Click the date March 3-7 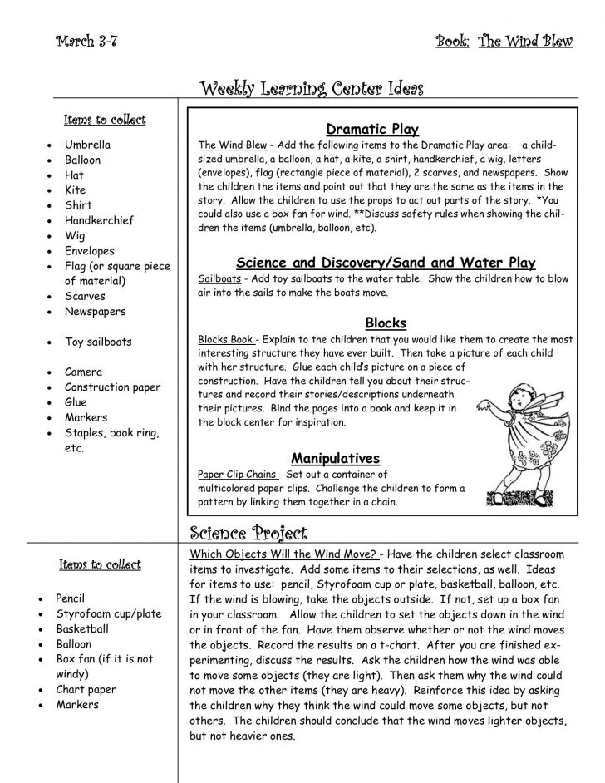86,42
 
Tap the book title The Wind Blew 524,42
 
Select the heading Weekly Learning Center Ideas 312,88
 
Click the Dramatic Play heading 371,129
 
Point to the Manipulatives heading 335,458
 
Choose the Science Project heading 248,533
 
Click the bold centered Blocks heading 385,323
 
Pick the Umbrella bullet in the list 87,145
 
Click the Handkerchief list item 99,220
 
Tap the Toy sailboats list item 98,342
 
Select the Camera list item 83,372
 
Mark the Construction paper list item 112,387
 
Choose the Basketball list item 81,629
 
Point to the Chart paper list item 86,689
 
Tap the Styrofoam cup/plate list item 108,613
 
